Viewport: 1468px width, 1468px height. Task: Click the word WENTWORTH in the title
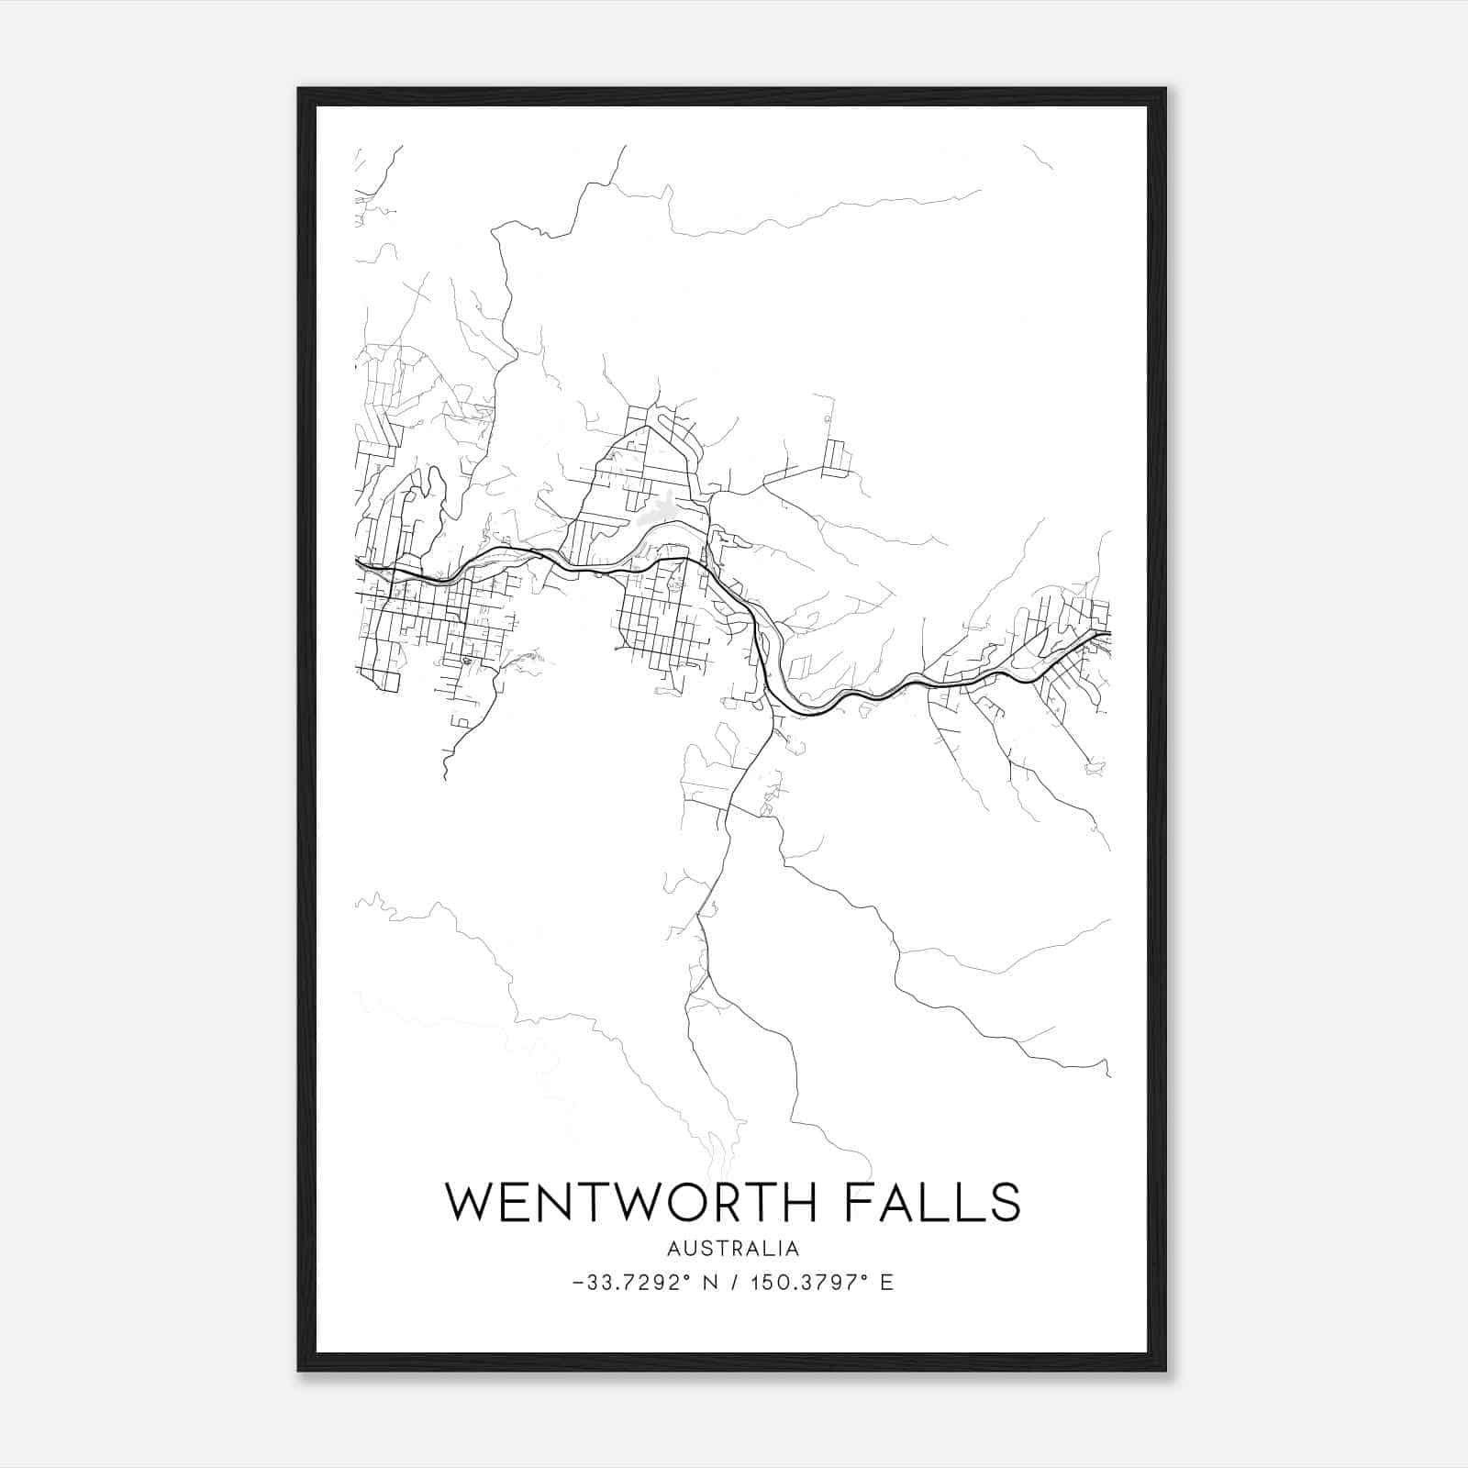click(x=630, y=1202)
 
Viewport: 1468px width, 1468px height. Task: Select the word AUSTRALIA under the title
click(x=733, y=1249)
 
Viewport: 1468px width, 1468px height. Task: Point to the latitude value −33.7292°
click(x=629, y=1283)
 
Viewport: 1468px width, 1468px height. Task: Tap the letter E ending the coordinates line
click(x=886, y=1283)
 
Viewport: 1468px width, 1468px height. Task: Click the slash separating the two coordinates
click(x=734, y=1283)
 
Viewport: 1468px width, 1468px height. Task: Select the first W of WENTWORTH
click(x=471, y=1202)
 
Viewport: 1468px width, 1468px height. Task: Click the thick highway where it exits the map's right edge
click(x=1107, y=632)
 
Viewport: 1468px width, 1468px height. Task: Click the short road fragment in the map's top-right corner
click(x=1038, y=157)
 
